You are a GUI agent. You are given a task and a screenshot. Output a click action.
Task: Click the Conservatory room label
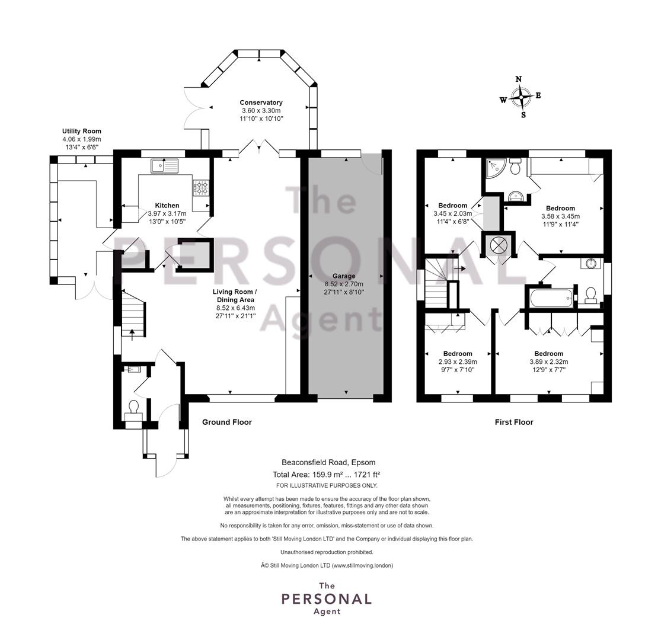261,103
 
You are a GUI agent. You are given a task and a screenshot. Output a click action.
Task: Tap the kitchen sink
164,165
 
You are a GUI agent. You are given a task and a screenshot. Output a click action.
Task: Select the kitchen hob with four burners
200,188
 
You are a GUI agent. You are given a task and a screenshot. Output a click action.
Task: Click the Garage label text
344,276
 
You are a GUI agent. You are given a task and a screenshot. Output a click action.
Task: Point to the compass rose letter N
519,79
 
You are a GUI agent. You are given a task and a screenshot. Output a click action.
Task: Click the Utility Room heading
82,131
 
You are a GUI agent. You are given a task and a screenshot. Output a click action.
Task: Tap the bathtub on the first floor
551,298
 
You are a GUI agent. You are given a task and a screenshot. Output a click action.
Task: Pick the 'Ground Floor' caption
227,422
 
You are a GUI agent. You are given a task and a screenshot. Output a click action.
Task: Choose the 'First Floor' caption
514,422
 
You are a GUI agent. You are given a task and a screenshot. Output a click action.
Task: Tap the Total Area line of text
327,474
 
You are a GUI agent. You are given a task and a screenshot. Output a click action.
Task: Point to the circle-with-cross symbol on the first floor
499,245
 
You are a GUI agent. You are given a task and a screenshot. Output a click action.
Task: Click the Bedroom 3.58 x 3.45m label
560,216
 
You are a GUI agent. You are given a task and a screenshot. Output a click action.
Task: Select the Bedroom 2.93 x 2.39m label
458,361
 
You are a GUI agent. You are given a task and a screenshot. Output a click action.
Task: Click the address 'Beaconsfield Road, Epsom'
328,462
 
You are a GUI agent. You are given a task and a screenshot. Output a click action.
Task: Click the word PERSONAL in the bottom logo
327,599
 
